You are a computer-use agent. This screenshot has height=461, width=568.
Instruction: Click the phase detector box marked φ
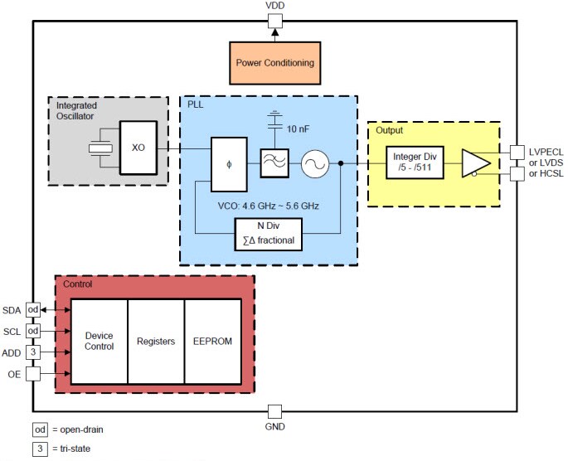click(x=228, y=164)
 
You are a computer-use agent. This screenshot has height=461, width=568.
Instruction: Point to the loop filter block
click(x=274, y=164)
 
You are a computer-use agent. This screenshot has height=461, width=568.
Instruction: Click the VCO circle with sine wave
click(x=315, y=164)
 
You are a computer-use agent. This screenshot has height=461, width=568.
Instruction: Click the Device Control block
click(x=99, y=342)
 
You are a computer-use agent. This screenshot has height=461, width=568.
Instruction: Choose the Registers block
click(x=156, y=342)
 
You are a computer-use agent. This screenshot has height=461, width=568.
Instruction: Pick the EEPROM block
click(x=212, y=342)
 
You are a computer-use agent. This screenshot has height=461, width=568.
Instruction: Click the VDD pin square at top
click(x=276, y=22)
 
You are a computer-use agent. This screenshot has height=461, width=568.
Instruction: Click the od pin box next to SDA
click(x=33, y=309)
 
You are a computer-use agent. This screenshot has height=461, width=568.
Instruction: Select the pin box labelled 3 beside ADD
click(x=33, y=352)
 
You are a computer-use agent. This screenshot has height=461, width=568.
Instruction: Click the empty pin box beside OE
click(x=33, y=373)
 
